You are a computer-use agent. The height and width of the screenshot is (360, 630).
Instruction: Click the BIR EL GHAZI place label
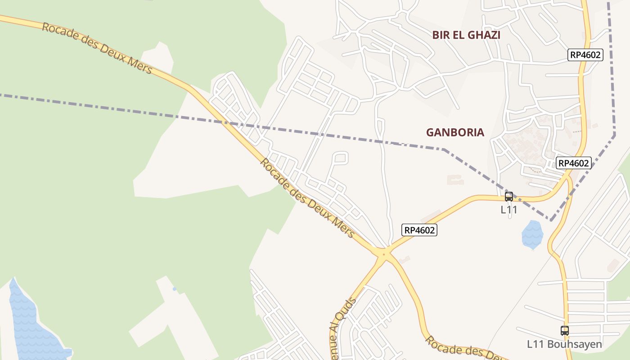click(466, 35)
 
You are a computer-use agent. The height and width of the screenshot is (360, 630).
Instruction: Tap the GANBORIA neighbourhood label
click(455, 132)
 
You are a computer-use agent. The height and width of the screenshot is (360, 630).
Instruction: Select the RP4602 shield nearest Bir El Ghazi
click(585, 55)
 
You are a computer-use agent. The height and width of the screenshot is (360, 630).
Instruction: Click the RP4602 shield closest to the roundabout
click(419, 230)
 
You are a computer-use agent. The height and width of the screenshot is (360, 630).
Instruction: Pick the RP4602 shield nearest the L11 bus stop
click(573, 163)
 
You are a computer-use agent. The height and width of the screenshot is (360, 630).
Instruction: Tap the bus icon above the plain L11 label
click(509, 197)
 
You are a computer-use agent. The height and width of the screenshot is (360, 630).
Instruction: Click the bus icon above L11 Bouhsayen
click(565, 331)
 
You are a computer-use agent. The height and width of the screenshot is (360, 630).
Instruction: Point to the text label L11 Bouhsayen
click(564, 344)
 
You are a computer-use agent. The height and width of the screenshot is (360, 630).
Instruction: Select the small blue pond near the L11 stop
click(532, 234)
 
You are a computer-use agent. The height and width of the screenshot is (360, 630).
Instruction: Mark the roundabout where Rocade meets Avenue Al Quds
click(384, 254)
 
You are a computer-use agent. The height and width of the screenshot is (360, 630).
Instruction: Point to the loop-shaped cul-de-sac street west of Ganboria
click(341, 158)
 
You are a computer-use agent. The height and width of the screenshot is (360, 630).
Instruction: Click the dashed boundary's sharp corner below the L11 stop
click(551, 220)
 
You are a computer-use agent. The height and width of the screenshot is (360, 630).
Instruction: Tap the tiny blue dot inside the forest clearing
click(174, 289)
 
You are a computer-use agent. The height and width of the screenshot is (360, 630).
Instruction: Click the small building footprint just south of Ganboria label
click(455, 180)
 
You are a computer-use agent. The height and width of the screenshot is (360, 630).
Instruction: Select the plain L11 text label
click(509, 210)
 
